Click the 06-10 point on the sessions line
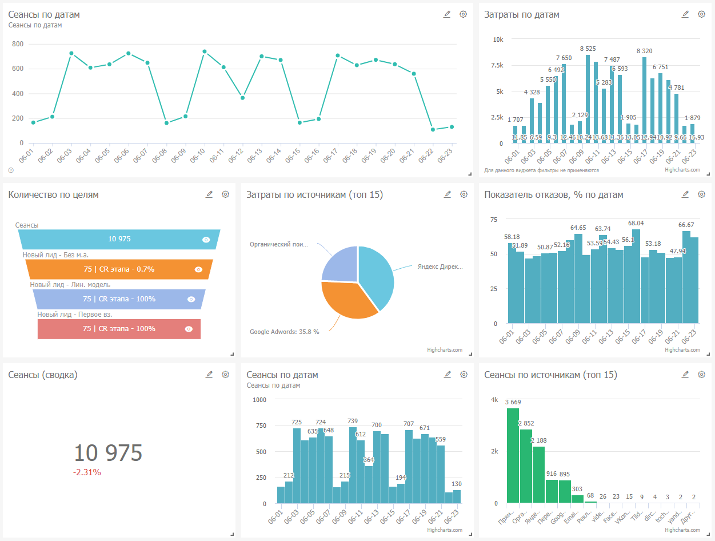(205, 51)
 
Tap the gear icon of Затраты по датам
(701, 14)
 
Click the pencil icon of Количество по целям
(209, 194)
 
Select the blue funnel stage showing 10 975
(119, 239)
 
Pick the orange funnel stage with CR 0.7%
(119, 269)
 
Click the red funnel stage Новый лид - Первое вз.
(119, 329)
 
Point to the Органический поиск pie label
(278, 244)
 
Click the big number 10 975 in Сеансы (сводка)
(108, 453)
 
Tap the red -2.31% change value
(87, 472)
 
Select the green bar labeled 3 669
(513, 455)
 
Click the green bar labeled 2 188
(538, 475)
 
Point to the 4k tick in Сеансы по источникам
(494, 400)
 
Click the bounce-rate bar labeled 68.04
(636, 277)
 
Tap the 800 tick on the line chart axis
(18, 44)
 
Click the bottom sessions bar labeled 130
(457, 496)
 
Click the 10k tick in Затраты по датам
(498, 39)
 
